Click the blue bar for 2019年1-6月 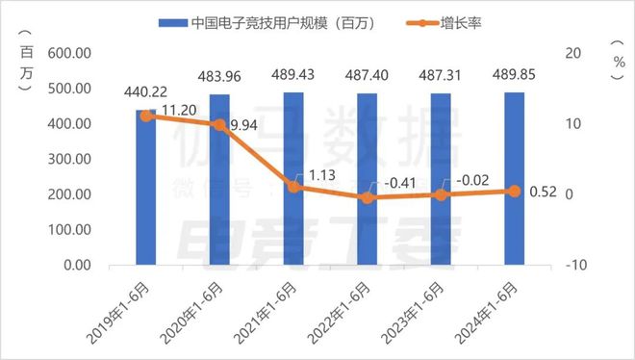[145, 188]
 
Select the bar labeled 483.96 [219, 180]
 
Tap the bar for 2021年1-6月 [292, 179]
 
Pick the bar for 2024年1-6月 [514, 179]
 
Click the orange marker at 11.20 [145, 116]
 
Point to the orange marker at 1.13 [292, 187]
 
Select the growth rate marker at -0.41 [367, 197]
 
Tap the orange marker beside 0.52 [514, 191]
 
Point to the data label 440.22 [146, 93]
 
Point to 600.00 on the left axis [70, 53]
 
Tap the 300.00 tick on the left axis [70, 159]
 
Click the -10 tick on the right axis [572, 265]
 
